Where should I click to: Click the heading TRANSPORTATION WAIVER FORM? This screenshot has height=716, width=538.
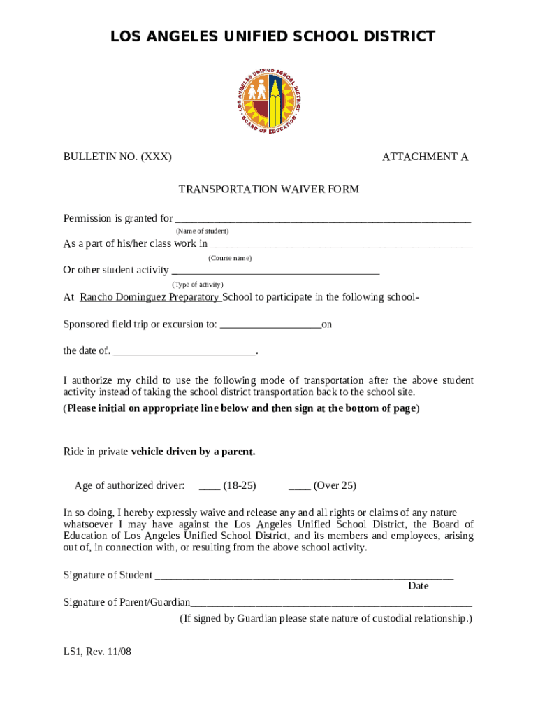(269, 189)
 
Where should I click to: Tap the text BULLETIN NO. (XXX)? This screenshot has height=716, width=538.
(117, 157)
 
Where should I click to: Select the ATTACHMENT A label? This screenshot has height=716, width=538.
(425, 157)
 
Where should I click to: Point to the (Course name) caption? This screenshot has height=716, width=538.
(230, 258)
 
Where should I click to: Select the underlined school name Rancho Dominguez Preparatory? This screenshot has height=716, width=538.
(150, 297)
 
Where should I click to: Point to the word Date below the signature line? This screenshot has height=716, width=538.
(418, 586)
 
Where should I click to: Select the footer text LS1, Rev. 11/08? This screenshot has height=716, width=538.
(97, 652)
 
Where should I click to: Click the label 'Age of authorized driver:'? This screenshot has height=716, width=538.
(130, 485)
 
